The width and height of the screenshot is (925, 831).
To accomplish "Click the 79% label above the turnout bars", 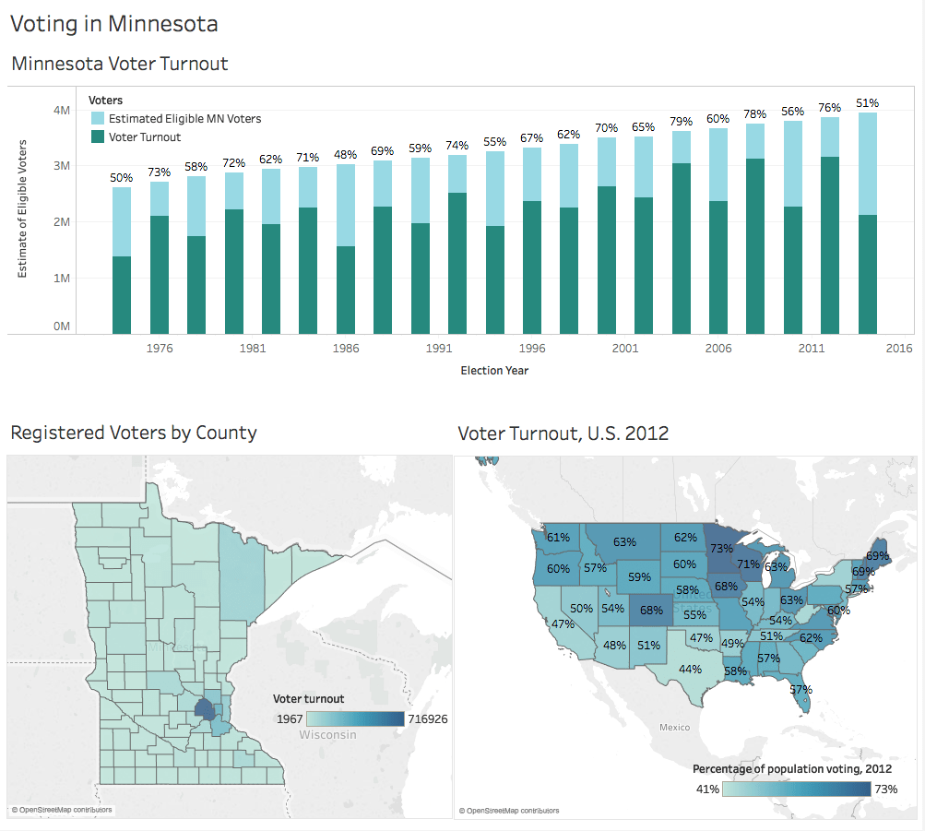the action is (x=681, y=121).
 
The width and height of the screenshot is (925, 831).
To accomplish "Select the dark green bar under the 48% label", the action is (x=346, y=291).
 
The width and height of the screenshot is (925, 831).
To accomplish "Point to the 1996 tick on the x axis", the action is (x=532, y=348).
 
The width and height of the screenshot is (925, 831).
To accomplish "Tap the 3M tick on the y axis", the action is (x=62, y=166).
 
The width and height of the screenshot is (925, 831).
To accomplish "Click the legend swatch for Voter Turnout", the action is (x=98, y=137).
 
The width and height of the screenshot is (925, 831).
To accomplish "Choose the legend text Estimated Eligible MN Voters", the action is (x=184, y=119).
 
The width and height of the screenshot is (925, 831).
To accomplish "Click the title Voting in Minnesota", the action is (x=114, y=24).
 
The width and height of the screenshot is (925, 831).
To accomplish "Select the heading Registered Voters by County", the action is (x=134, y=433).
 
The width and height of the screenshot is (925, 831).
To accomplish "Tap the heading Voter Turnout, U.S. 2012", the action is (x=563, y=433).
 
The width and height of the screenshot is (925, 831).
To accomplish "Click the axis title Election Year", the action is (x=494, y=371).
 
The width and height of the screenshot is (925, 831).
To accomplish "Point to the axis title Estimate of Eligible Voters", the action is (x=22, y=208).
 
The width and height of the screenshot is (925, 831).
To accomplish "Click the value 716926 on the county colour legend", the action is (x=428, y=719).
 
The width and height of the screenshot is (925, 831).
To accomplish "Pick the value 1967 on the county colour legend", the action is (x=290, y=719).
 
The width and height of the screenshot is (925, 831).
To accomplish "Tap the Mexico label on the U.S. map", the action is (x=674, y=727).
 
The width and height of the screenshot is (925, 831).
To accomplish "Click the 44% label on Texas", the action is (x=690, y=669).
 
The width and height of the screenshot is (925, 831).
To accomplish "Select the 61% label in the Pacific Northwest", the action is (x=558, y=538).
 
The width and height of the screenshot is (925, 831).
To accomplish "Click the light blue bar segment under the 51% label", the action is (x=868, y=164).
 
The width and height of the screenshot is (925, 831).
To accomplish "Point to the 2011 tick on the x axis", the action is (x=812, y=348).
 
